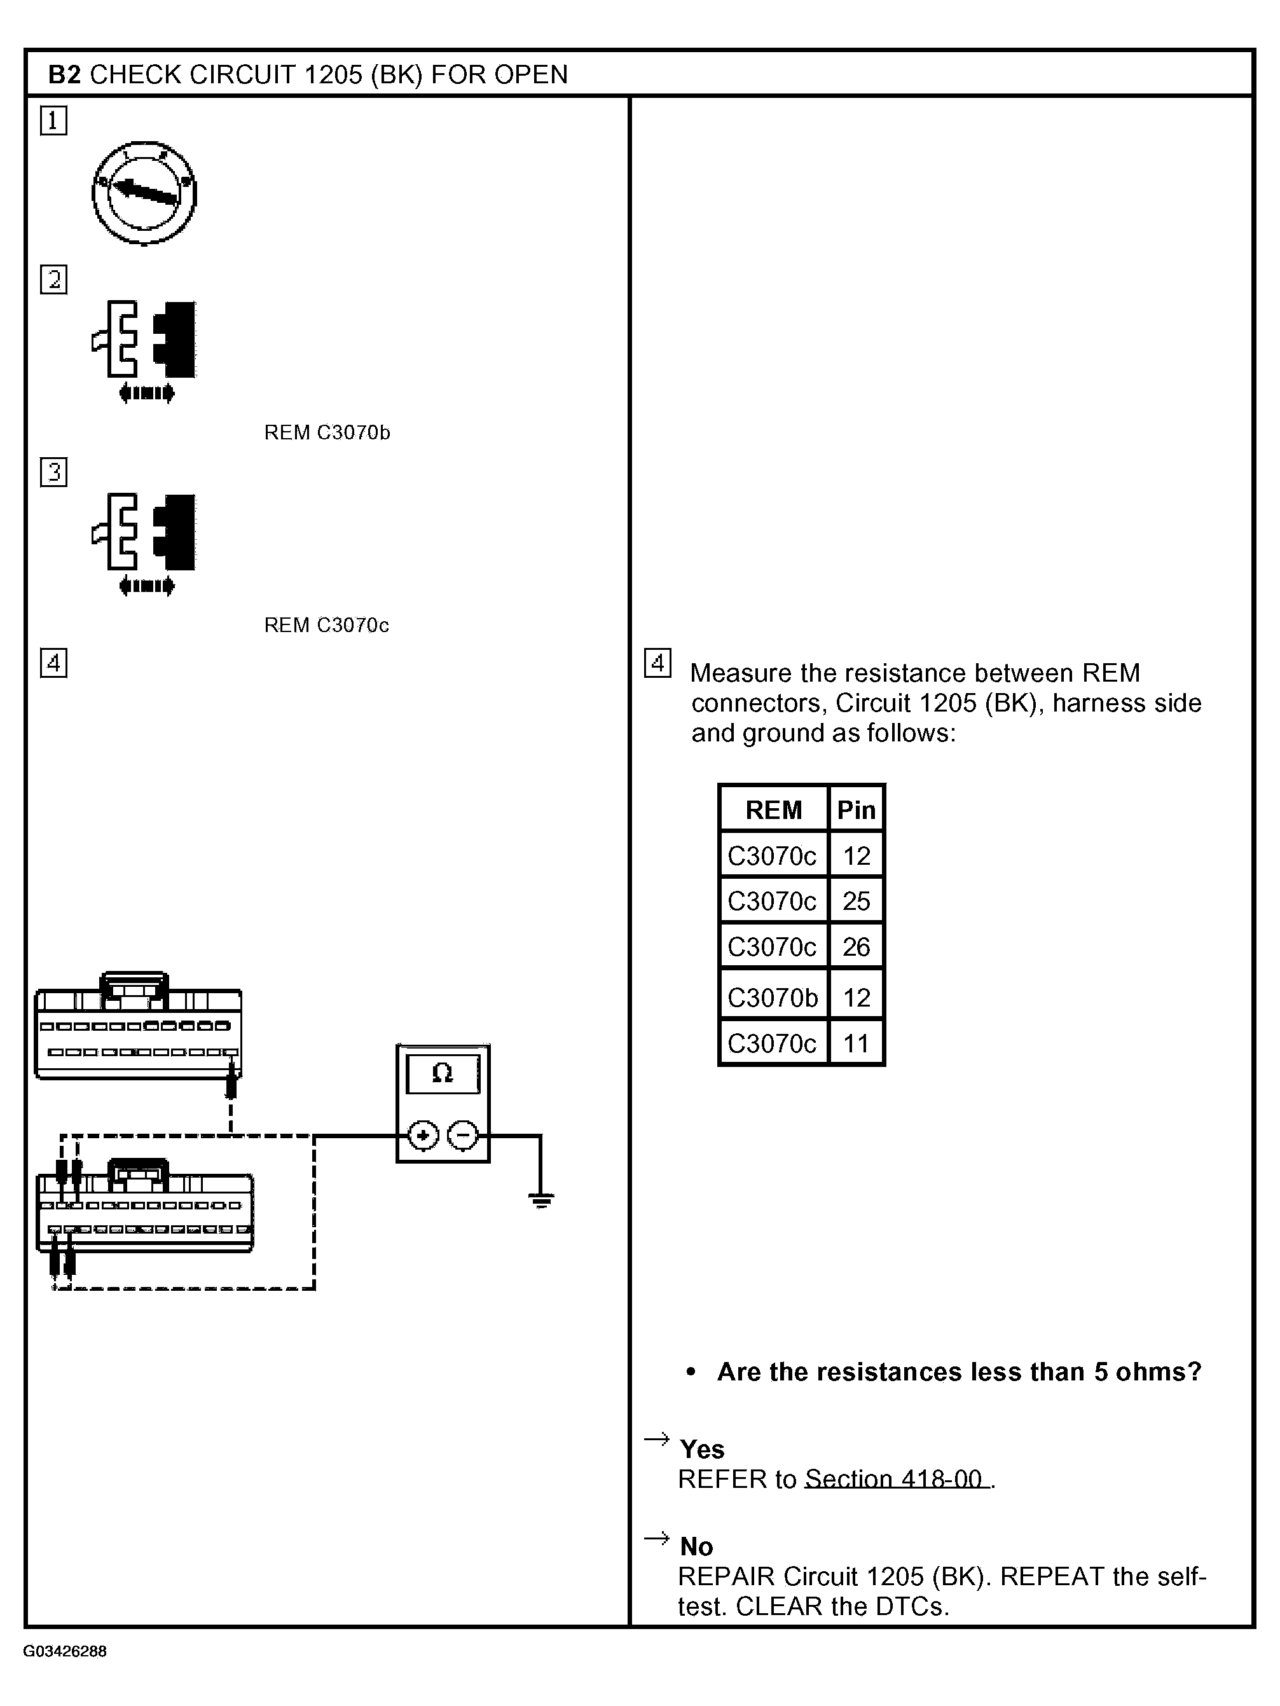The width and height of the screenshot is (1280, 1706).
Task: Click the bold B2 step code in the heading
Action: (64, 75)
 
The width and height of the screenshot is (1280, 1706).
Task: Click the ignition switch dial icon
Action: (144, 193)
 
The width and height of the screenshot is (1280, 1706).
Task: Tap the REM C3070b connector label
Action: (327, 432)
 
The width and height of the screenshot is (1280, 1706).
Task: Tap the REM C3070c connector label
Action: (326, 624)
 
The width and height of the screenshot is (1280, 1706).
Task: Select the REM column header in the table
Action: (773, 810)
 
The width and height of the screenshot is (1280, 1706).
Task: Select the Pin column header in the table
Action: (856, 810)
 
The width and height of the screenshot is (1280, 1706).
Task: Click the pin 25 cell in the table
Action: (856, 901)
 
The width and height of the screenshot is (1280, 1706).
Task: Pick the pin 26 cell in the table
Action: (856, 947)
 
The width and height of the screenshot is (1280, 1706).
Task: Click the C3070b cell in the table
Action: (773, 997)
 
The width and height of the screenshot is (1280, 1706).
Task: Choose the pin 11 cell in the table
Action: (856, 1043)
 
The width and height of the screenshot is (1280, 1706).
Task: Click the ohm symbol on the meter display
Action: (443, 1073)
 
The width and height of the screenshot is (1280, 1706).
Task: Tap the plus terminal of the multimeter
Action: (423, 1135)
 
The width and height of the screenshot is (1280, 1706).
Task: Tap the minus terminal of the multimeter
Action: (463, 1135)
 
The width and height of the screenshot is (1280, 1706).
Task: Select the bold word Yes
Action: (702, 1449)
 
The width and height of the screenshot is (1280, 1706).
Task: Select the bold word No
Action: (696, 1546)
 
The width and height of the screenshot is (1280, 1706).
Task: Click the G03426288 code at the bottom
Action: (65, 1651)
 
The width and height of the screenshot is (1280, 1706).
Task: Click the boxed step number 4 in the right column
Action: (657, 663)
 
